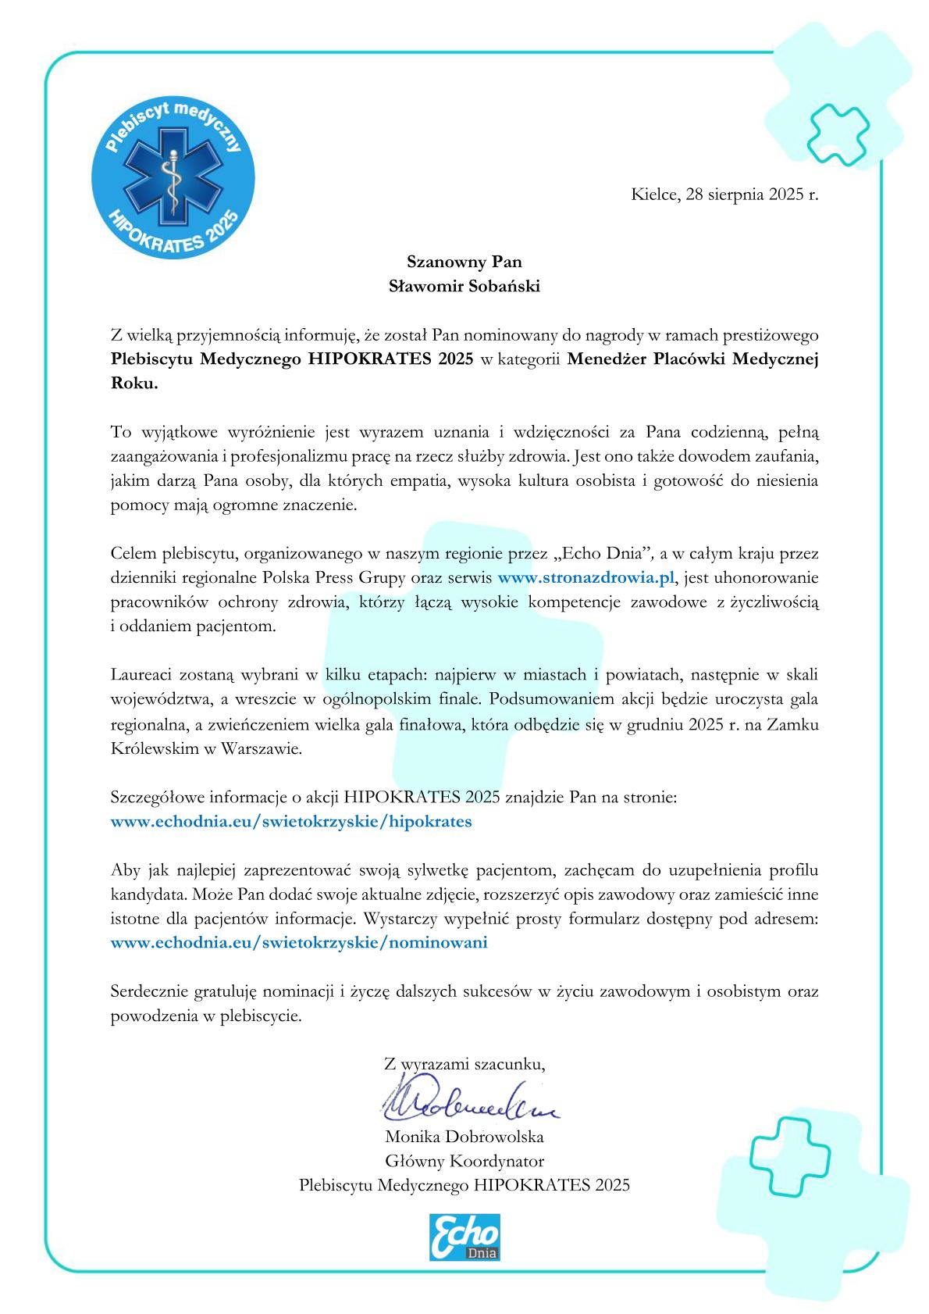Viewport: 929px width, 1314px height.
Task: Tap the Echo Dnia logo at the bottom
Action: (x=464, y=1237)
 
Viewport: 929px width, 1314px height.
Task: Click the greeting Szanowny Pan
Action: (x=464, y=262)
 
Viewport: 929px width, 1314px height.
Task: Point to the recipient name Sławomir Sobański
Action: (x=464, y=286)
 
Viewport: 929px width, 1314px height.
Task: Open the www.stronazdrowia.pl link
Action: (x=585, y=578)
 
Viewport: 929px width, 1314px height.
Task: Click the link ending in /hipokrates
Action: (x=291, y=822)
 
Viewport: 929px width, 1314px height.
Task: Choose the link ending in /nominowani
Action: (x=299, y=942)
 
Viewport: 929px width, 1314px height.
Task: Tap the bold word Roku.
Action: (x=134, y=384)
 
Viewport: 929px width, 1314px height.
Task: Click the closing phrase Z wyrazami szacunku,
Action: (x=464, y=1063)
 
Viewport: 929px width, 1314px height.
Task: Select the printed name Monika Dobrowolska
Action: (x=464, y=1137)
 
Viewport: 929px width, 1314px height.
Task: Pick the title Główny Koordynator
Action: (x=464, y=1161)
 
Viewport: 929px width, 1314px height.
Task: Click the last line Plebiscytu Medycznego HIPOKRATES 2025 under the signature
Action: (x=464, y=1185)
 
